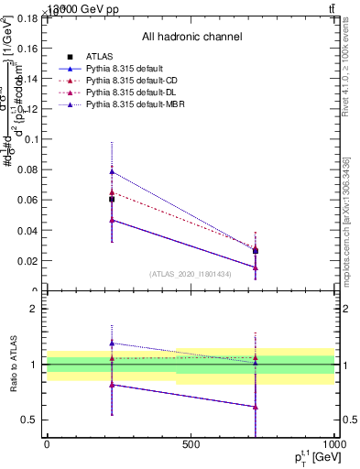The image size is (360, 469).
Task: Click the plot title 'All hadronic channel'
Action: pyautogui.click(x=191, y=37)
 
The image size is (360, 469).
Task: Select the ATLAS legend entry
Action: pyautogui.click(x=99, y=57)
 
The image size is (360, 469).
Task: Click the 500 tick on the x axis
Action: pyautogui.click(x=191, y=444)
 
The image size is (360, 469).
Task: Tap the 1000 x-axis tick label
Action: pyautogui.click(x=333, y=444)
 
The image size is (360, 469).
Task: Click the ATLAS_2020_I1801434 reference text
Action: pyautogui.click(x=191, y=274)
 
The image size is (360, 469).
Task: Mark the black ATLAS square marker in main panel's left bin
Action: pyautogui.click(x=112, y=199)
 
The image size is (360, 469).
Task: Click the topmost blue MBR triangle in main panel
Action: pyautogui.click(x=112, y=171)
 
